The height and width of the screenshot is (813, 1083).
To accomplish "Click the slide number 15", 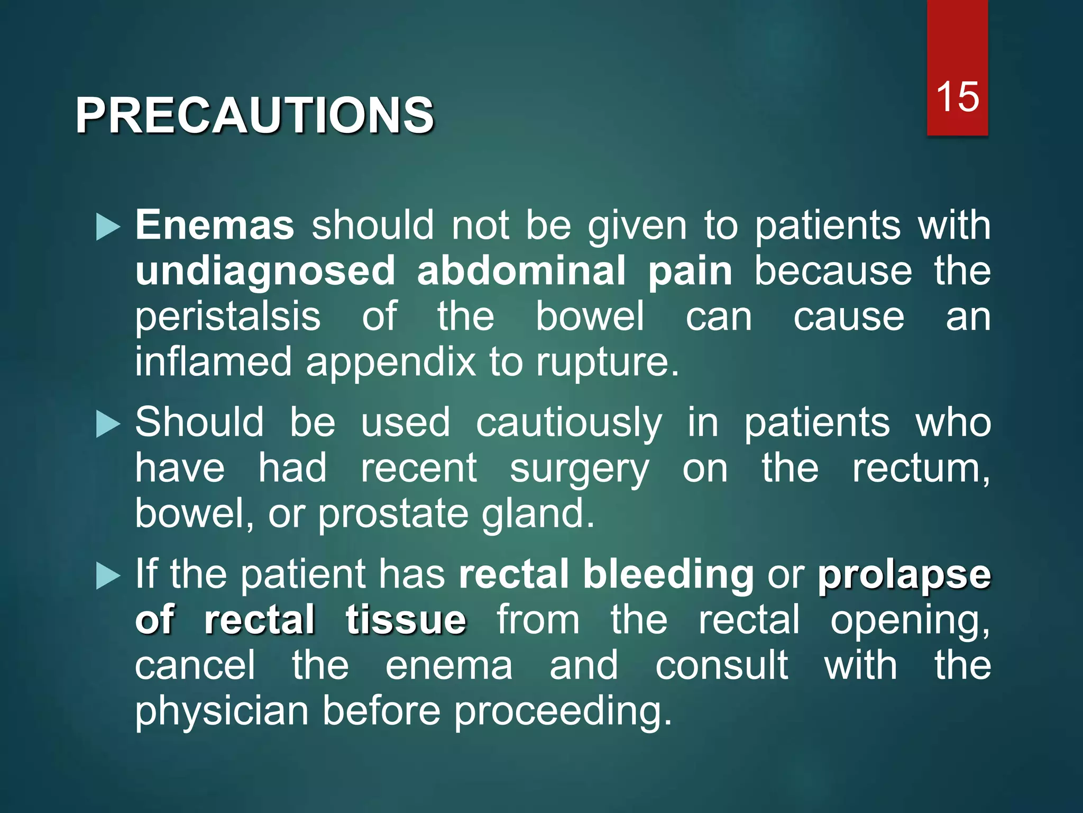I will (957, 97).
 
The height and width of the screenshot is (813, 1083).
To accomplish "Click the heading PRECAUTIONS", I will (254, 115).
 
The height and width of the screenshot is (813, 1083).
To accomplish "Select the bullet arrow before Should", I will (108, 424).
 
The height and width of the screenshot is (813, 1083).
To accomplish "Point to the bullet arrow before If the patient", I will (108, 576).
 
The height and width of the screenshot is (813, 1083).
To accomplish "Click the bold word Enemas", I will (215, 225).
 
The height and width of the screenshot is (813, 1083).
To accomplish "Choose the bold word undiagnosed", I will (265, 270).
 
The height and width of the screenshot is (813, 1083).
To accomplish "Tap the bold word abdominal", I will (521, 270).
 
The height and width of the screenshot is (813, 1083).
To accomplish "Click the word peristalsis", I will (227, 317).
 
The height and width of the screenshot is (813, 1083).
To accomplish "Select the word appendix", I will (391, 363).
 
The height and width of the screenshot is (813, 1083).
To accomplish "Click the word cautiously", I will (568, 423).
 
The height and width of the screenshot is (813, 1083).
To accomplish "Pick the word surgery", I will (579, 469).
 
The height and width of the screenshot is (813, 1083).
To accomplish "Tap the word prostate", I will (393, 514).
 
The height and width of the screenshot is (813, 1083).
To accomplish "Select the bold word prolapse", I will (904, 575).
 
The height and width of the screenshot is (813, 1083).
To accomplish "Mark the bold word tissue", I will (406, 620).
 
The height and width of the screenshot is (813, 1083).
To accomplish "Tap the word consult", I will (721, 665).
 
